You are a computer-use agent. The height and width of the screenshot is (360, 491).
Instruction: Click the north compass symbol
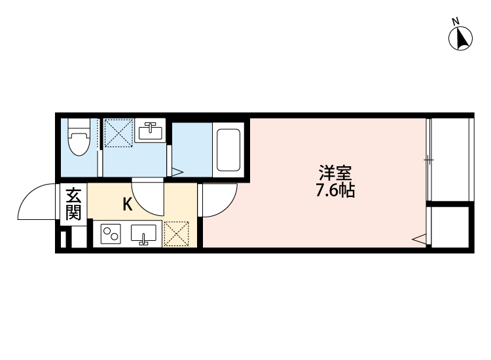[x=461, y=38]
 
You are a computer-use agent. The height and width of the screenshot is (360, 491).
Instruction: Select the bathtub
[x=228, y=150]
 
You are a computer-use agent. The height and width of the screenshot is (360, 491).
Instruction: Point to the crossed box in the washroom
[x=118, y=133]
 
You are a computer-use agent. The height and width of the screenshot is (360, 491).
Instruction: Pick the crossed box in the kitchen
[x=176, y=234]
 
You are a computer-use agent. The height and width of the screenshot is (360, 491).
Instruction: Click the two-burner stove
[x=110, y=234]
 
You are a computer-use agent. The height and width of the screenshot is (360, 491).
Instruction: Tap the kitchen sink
[x=143, y=234]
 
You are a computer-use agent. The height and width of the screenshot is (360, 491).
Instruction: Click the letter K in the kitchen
[x=128, y=204]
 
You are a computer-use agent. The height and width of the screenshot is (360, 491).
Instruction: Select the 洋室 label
[x=336, y=173]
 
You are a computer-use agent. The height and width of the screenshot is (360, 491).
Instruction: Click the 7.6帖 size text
[x=336, y=191]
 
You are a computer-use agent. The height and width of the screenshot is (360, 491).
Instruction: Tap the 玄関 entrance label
[x=73, y=204]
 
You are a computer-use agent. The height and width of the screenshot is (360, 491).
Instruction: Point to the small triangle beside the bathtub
[x=176, y=173]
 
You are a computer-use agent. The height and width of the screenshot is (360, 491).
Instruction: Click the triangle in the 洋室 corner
[x=418, y=240]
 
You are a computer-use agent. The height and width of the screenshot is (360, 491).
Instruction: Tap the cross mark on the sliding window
[x=427, y=159]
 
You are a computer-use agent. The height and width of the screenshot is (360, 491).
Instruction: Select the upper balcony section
[x=450, y=158]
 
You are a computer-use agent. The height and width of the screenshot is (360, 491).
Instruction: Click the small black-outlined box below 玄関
[x=64, y=238]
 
